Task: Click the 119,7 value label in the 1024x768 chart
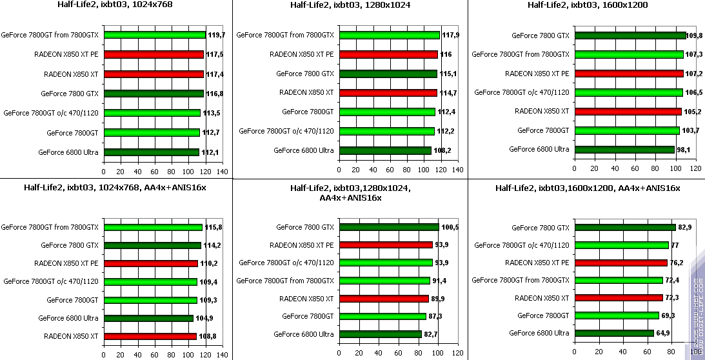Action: pyautogui.click(x=215, y=35)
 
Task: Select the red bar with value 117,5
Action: pyautogui.click(x=154, y=55)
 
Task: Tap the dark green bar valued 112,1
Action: pyautogui.click(x=151, y=152)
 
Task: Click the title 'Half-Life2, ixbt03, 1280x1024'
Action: pyautogui.click(x=350, y=6)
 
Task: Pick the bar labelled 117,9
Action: pyautogui.click(x=389, y=35)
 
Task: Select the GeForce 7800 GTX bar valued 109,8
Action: pyautogui.click(x=630, y=35)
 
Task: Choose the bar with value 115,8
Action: pyautogui.click(x=153, y=227)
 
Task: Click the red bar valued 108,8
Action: pyautogui.click(x=150, y=336)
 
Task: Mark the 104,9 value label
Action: pyautogui.click(x=204, y=318)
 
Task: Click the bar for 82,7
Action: pyautogui.click(x=380, y=334)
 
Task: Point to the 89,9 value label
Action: pyautogui.click(x=439, y=299)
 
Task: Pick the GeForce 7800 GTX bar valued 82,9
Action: pyautogui.click(x=624, y=227)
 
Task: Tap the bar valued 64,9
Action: pyautogui.click(x=614, y=333)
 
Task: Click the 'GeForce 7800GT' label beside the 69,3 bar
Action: pyautogui.click(x=543, y=315)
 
